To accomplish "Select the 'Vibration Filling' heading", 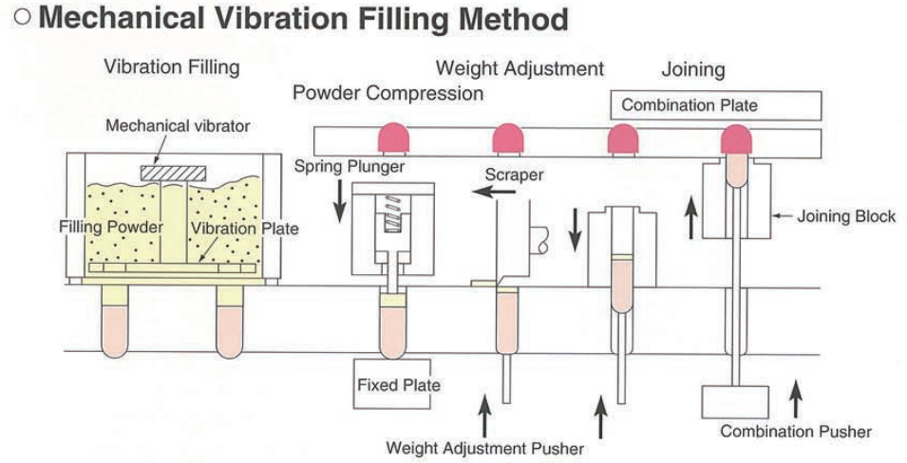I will point(171,67).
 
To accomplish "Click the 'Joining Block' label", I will point(845,216).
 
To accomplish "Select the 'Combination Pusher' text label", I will point(795,432).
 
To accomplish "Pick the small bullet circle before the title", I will point(18,20).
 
